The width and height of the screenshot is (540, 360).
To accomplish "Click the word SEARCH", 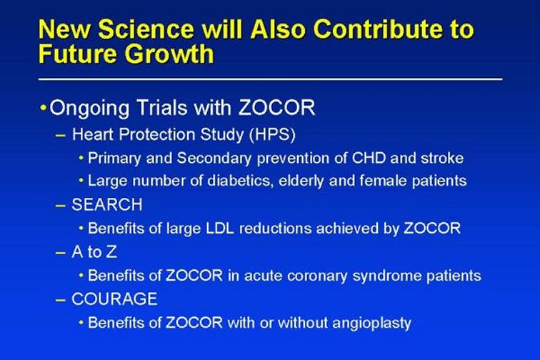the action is pos(107,204).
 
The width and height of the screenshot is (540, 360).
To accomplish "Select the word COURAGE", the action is pos(115,299).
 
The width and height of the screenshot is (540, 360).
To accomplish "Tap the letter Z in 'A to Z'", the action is pos(111,252).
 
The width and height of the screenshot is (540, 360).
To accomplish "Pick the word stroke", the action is pos(442,158).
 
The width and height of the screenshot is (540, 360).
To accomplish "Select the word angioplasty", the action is pos(372,324).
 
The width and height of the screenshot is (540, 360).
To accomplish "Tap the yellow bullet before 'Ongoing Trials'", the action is pos(43,108).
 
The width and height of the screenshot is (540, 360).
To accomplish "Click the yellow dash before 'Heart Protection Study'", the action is pos(60,136).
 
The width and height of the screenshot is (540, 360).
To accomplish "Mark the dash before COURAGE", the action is pos(60,300).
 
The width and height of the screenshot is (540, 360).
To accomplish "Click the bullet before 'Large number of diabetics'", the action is pos(81,181).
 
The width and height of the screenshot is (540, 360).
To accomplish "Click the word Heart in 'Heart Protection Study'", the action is pos(93,134).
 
